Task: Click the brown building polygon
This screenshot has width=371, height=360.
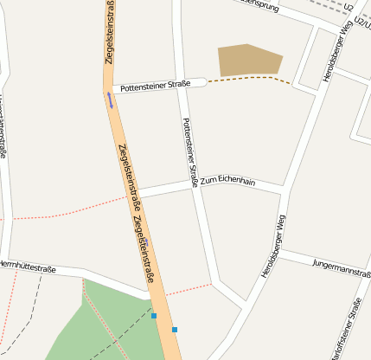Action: [x=249, y=59]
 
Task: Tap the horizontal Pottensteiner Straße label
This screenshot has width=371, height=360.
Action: [x=156, y=87]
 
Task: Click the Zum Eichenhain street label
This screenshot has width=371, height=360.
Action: [x=227, y=180]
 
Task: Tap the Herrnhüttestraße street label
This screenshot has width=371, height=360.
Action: [x=28, y=268]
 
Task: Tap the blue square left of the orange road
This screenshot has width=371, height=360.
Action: [x=154, y=316]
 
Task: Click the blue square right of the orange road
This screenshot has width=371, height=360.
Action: [x=175, y=330]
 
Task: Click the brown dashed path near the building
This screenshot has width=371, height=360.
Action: [x=251, y=79]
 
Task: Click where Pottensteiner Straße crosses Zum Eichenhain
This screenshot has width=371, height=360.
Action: [x=195, y=183]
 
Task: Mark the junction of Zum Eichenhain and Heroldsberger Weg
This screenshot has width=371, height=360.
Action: [x=285, y=190]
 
